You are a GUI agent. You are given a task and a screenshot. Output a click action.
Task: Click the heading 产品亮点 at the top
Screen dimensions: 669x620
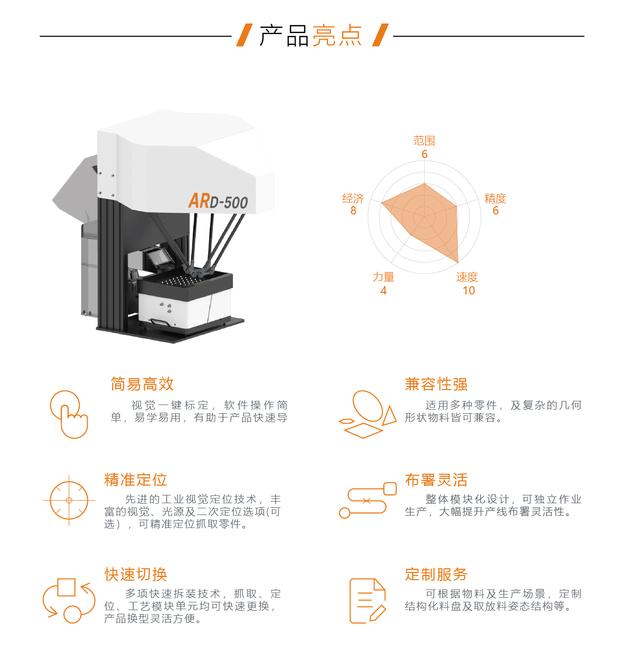pos(310,36)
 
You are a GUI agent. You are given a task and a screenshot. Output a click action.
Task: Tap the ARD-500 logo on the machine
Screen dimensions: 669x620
pos(218,201)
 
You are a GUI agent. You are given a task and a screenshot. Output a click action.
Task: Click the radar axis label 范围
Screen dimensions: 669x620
pos(424,141)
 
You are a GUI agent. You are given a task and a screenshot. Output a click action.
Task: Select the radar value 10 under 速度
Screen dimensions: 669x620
pos(469,290)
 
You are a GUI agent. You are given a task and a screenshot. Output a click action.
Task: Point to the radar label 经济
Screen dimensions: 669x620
pos(353,198)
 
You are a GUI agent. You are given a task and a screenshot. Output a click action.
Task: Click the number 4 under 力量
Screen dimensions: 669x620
pos(383,290)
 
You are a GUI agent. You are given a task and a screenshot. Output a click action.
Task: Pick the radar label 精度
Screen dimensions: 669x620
pos(495,198)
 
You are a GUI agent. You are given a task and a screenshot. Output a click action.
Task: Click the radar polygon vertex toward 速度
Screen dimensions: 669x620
pos(458,262)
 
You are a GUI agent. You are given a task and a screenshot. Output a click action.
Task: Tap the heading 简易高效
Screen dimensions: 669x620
pos(142,384)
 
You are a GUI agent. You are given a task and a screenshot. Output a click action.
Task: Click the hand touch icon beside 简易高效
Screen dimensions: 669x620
pos(69,414)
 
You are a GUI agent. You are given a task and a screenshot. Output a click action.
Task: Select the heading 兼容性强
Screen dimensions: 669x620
pos(436,384)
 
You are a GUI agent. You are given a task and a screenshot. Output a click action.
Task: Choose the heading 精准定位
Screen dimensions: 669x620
pos(135,479)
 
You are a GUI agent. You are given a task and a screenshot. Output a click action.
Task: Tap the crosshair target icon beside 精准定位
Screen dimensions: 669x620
pos(69,500)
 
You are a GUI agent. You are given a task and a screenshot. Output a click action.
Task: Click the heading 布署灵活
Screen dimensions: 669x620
pos(436,479)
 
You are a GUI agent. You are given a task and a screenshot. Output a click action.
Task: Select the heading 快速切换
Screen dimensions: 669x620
pos(135,574)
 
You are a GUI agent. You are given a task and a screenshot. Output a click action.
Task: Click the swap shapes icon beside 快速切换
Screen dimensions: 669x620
pos(69,601)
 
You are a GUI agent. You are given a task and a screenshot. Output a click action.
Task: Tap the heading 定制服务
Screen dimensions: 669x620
pos(436,574)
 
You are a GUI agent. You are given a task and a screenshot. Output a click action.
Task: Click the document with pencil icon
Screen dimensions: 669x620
pos(367,601)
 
